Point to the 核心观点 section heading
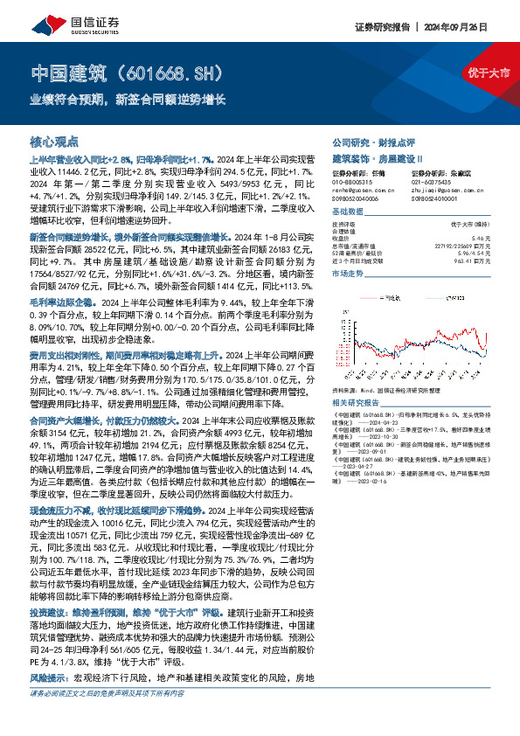[x=54, y=141]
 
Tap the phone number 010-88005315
[x=350, y=182]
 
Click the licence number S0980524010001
[x=437, y=198]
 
